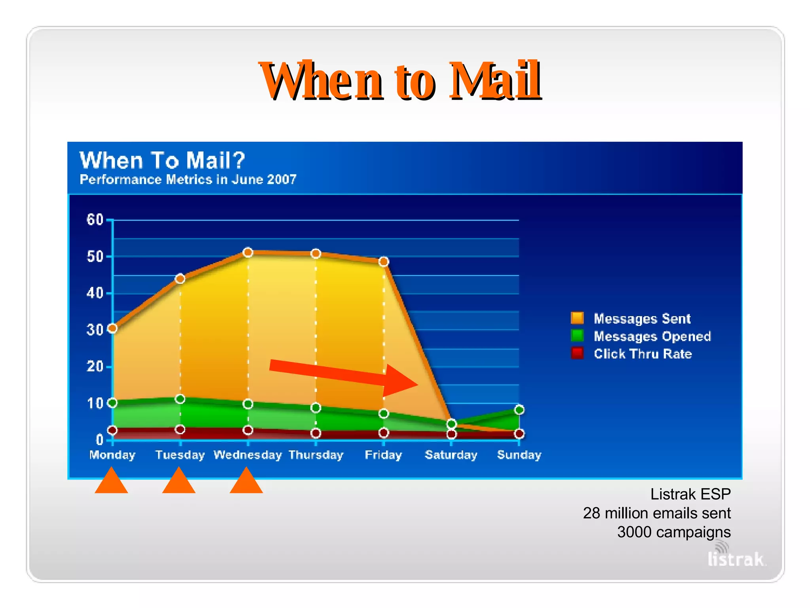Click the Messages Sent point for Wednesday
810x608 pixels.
pos(248,253)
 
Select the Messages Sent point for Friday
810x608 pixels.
pos(384,262)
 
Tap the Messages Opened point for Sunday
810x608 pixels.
pos(519,410)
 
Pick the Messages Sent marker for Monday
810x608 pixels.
pos(112,328)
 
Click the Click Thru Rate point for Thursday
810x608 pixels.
pos(316,433)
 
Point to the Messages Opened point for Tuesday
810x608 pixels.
pos(180,399)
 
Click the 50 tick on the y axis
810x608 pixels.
pos(95,256)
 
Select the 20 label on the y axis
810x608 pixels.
pos(95,367)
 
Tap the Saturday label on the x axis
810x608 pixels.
pos(451,455)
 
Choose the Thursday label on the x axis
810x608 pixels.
pos(316,455)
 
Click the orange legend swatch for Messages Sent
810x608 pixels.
pos(577,318)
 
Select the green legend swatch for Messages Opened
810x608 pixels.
pos(577,336)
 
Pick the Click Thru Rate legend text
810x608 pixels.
pos(643,353)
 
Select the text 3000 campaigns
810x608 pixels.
pos(674,532)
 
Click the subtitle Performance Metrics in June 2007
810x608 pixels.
pos(188,180)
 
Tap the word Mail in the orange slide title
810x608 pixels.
pos(494,81)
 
